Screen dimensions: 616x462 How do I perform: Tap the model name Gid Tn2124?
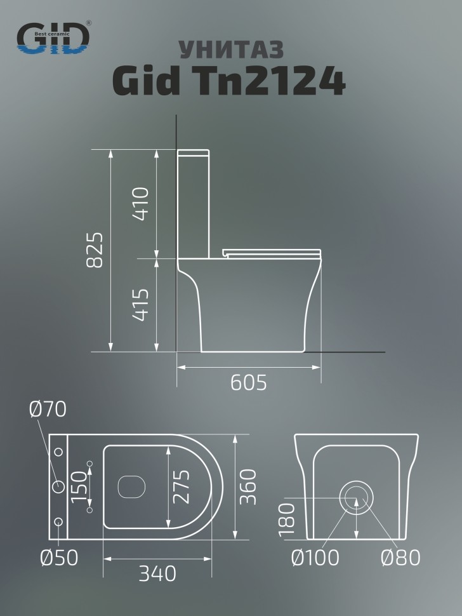229,82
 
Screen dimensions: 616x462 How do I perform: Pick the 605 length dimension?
248,382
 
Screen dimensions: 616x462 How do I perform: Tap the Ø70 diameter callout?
48,410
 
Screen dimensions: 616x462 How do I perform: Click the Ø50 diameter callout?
58,558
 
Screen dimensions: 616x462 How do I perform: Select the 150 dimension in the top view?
77,487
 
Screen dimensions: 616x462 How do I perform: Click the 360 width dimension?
249,486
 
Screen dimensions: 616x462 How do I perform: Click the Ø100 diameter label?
315,558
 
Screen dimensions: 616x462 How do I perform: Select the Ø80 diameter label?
400,558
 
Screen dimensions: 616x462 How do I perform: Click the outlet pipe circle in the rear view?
357,497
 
